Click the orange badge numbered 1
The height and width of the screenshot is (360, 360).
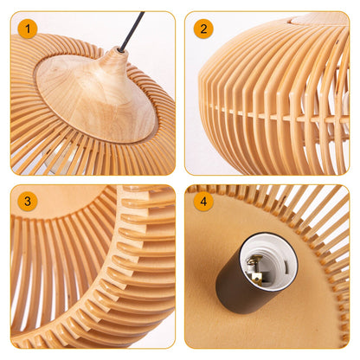pyautogui.click(x=29, y=29)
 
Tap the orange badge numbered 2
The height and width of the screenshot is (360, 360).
pyautogui.click(x=203, y=29)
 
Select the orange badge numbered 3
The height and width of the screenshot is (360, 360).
pyautogui.click(x=29, y=202)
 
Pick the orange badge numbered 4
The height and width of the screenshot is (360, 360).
pyautogui.click(x=203, y=202)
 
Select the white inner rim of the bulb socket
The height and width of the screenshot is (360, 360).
pyautogui.click(x=275, y=244)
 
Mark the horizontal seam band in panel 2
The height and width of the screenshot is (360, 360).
pyautogui.click(x=277, y=111)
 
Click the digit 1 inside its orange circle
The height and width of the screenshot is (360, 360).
pyautogui.click(x=29, y=29)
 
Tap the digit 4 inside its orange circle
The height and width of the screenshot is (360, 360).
pyautogui.click(x=203, y=202)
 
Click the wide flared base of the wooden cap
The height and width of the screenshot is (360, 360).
pyautogui.click(x=87, y=108)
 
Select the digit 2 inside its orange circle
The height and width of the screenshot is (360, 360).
pyautogui.click(x=203, y=29)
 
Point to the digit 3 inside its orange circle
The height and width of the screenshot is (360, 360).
pyautogui.click(x=29, y=202)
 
